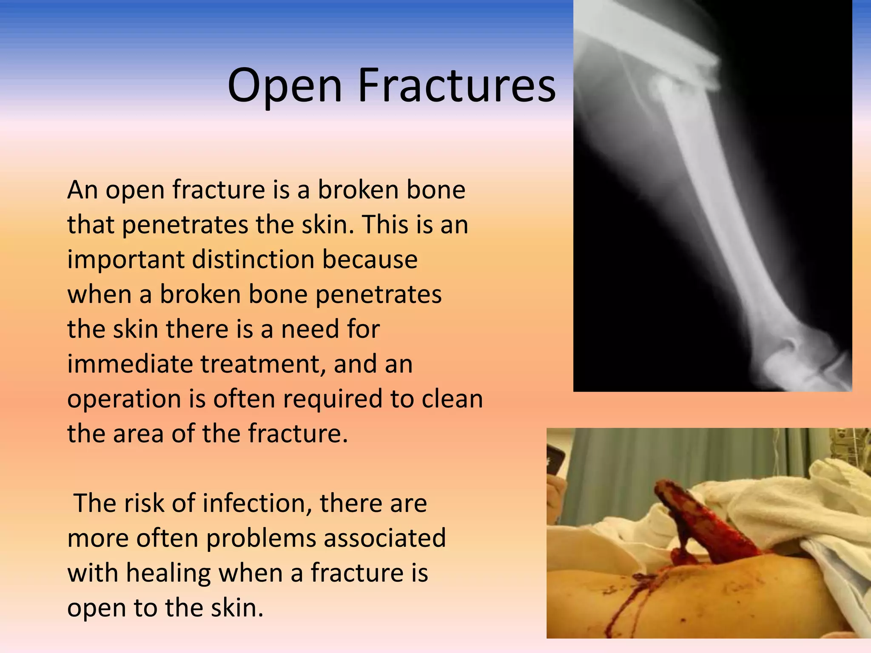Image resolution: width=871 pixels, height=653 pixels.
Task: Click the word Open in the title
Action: point(285,86)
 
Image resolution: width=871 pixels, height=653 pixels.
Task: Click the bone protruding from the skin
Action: point(697,523)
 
